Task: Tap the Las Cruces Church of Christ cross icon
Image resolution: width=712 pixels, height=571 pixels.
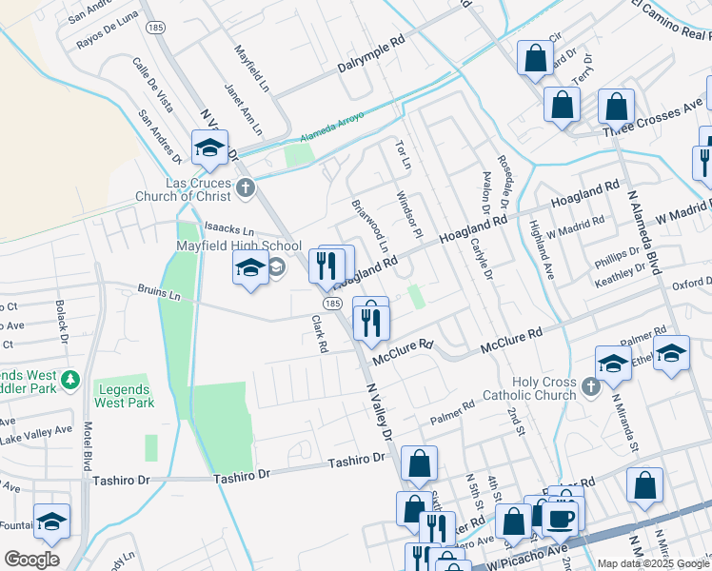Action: (x=246, y=187)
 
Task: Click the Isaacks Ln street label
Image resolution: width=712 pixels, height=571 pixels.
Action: (x=230, y=231)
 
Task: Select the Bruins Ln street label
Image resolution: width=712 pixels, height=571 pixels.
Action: (x=159, y=294)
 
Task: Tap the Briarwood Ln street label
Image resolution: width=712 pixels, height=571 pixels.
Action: (x=370, y=226)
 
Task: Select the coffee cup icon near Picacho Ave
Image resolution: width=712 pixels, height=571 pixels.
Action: (x=561, y=518)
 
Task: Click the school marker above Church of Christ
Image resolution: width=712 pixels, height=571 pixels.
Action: (x=209, y=148)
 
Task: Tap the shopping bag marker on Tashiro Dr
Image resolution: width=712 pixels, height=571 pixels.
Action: (x=419, y=465)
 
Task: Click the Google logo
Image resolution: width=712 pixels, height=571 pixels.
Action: (x=31, y=560)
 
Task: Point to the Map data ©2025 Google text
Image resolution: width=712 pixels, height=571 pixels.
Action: (x=653, y=563)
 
